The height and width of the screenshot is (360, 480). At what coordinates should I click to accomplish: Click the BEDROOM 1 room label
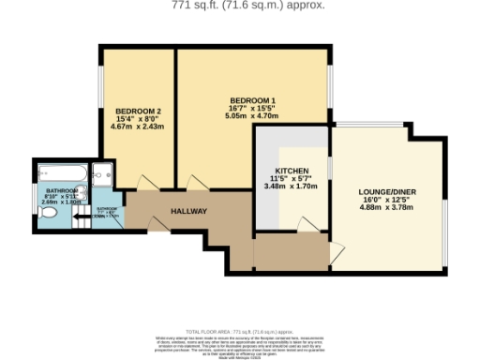(252, 100)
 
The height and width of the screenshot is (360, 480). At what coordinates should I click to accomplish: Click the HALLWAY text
(187, 211)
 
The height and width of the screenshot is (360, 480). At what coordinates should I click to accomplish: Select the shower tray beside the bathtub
(102, 174)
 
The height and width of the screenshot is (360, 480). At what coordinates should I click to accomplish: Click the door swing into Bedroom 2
(143, 182)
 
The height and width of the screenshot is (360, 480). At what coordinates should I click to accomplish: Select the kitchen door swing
(306, 223)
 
